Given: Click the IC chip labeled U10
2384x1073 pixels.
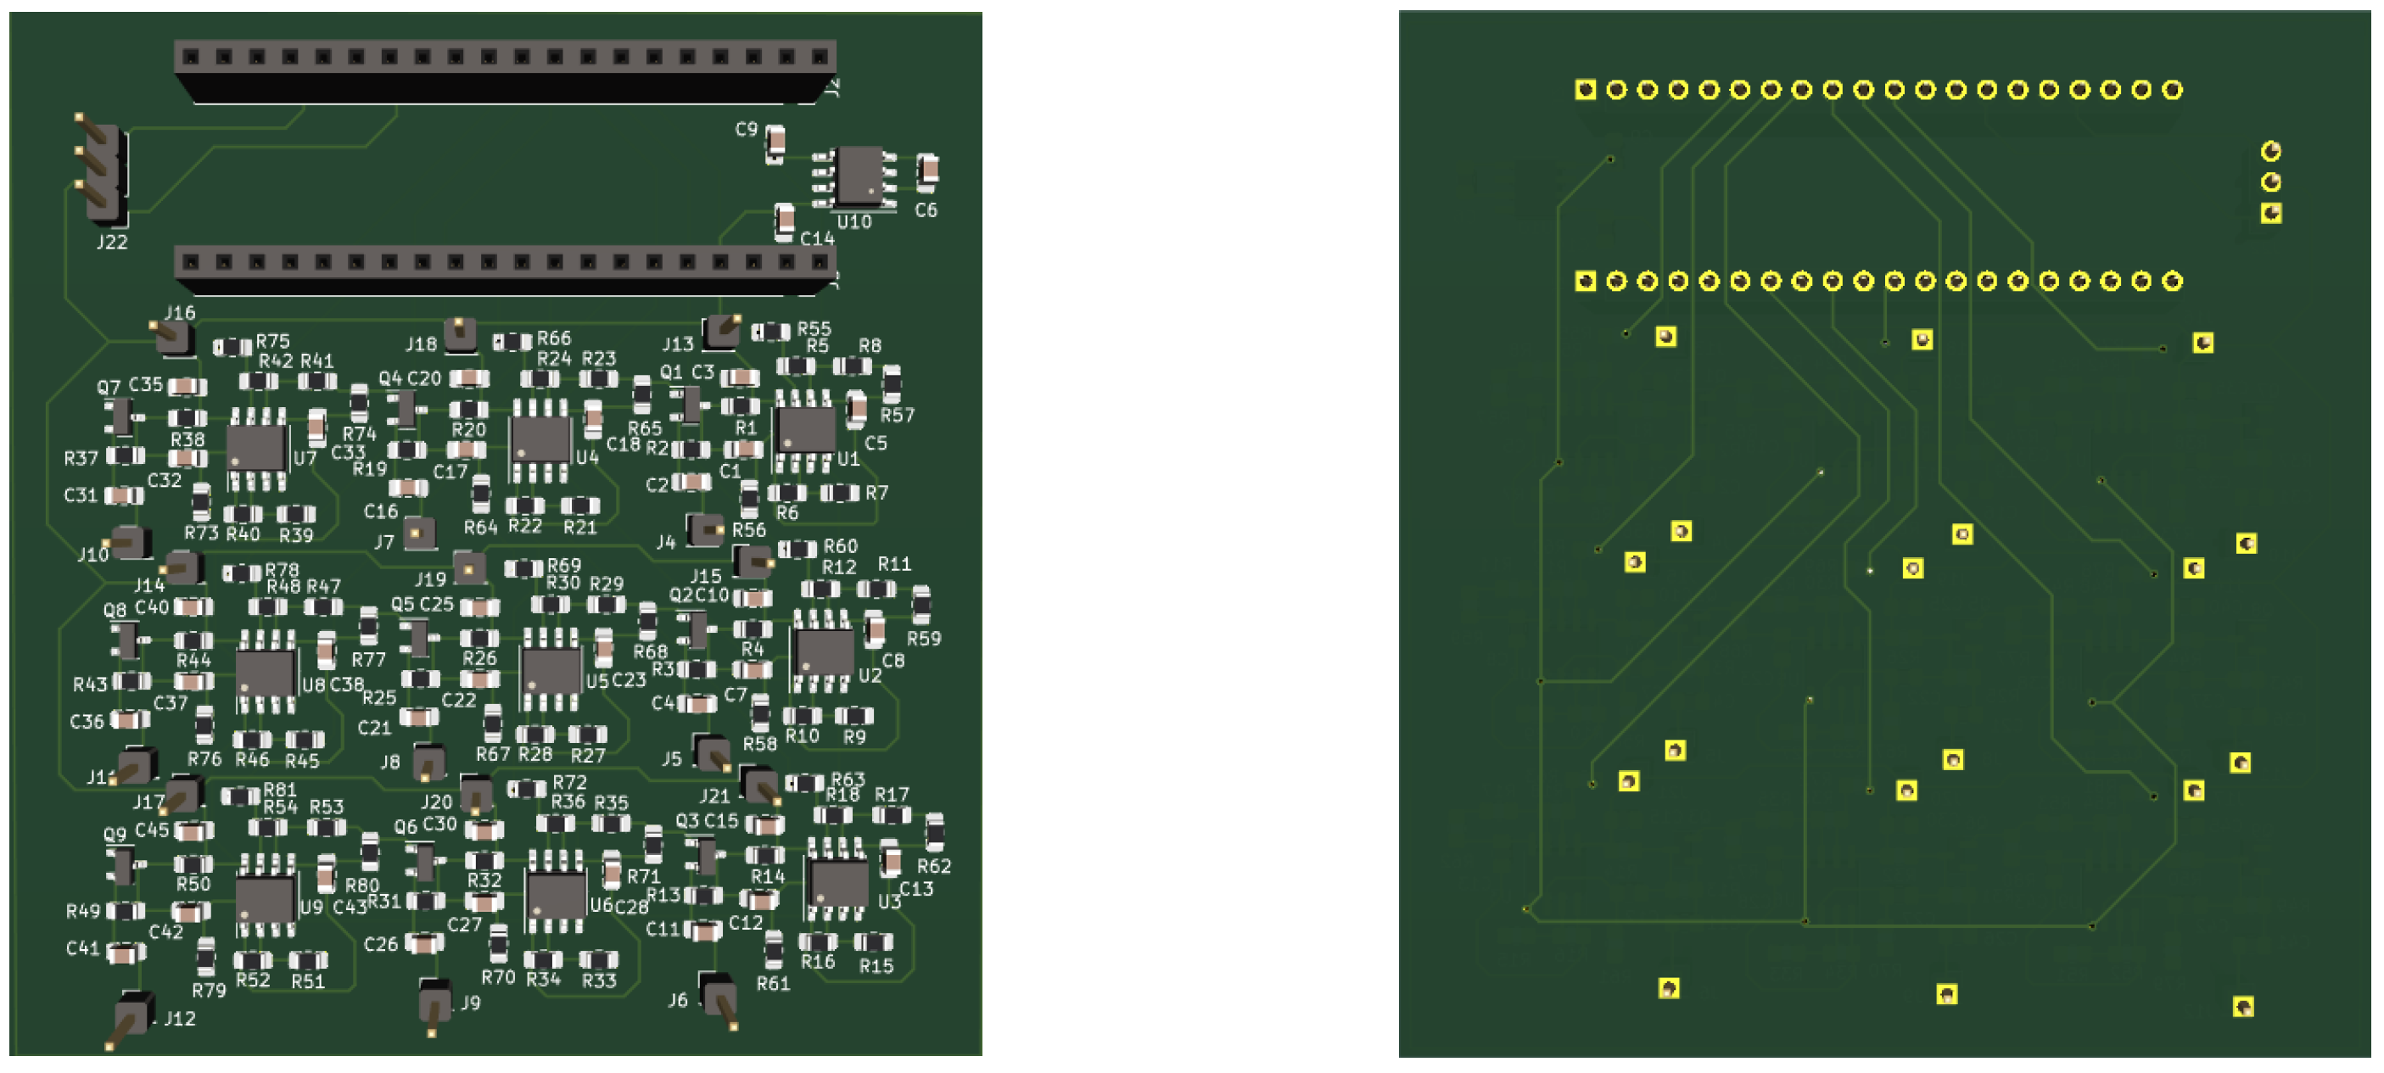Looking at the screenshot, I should point(859,176).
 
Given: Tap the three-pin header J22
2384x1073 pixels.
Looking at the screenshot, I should point(104,172).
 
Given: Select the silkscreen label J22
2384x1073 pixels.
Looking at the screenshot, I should point(112,243).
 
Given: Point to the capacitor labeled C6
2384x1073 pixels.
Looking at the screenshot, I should point(927,170).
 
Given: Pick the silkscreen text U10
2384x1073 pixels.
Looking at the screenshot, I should point(853,222).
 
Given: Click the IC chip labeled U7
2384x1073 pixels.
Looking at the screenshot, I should point(256,448).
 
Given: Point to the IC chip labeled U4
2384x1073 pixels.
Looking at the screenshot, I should point(540,439).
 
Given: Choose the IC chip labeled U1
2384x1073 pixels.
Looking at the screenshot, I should point(805,429).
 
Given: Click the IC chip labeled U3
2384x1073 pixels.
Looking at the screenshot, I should point(837,882).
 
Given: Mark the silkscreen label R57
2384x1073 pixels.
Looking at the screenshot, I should point(897,416).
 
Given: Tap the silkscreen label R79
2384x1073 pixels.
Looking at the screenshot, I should point(210,991).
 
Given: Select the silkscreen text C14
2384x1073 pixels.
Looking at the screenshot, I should point(817,238).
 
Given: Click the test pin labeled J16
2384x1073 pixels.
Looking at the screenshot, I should point(173,337).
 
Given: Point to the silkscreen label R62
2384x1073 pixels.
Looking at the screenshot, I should point(934,867).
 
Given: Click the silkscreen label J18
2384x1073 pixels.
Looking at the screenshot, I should point(421,345).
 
